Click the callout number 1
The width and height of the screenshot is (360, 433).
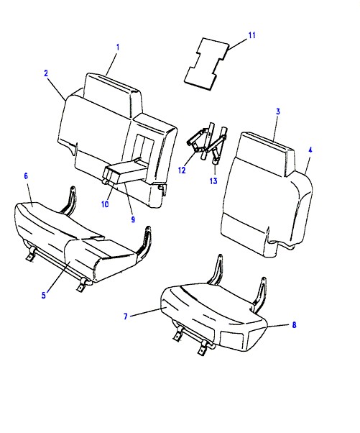118,47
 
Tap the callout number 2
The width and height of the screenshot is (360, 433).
46,73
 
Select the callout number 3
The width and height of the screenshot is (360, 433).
278,111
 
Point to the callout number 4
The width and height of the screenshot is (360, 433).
310,150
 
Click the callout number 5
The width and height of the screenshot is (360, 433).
44,295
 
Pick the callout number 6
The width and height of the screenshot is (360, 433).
26,176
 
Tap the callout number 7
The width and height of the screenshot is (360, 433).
126,316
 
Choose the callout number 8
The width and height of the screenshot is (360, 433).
294,325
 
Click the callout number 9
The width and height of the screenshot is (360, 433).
133,219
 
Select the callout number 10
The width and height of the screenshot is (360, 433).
105,204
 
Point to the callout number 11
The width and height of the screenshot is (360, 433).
252,35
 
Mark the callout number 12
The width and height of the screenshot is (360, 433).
182,170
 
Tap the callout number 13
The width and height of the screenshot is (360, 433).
213,181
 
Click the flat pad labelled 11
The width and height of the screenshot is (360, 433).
207,64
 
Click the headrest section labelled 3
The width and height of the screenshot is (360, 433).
265,153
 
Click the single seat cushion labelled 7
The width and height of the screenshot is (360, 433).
214,318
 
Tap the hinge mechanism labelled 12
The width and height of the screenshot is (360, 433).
201,141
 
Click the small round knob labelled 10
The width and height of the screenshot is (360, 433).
105,181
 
